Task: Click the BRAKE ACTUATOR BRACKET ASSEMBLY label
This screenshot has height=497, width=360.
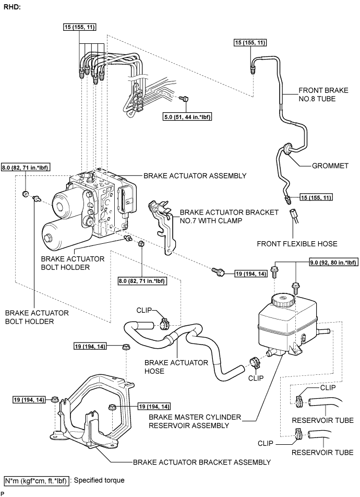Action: coord(202,462)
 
